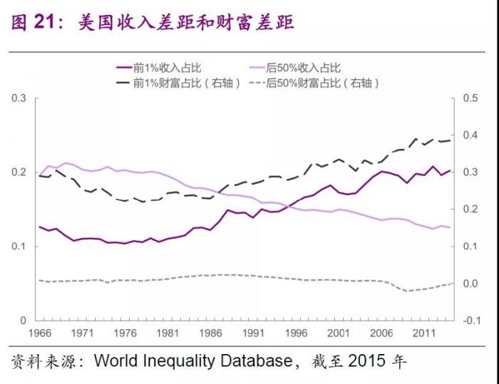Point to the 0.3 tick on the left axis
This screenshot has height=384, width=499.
[x=19, y=98]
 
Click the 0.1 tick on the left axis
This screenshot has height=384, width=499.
[x=19, y=247]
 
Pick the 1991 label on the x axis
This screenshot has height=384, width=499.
[x=253, y=333]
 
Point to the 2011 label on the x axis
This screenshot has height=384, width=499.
[x=423, y=333]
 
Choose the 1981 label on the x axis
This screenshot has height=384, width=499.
[x=168, y=333]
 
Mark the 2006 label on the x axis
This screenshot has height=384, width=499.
[x=381, y=333]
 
